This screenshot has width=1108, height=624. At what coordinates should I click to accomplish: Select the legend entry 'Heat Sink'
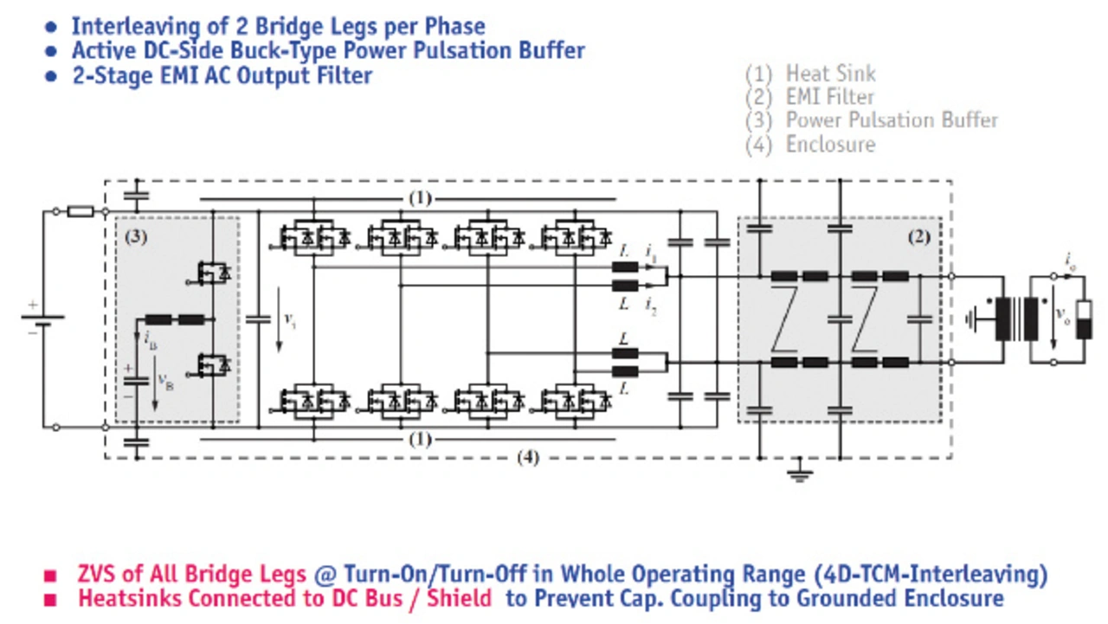click(x=830, y=74)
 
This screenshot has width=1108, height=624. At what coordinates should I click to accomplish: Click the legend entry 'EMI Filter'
click(x=829, y=98)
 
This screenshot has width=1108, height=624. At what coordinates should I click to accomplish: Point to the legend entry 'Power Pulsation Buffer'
click(x=891, y=121)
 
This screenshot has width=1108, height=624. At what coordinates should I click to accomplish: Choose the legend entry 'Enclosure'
click(x=830, y=145)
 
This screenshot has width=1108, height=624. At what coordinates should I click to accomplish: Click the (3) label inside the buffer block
click(x=136, y=236)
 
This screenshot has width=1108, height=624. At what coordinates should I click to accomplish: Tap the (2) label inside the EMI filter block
click(x=920, y=235)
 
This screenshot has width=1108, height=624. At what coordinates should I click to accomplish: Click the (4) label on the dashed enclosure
click(x=527, y=458)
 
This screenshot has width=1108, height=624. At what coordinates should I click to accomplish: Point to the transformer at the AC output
click(x=1018, y=319)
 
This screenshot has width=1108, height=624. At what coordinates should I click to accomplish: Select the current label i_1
click(x=651, y=252)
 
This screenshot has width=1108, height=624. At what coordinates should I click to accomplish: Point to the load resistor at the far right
click(x=1083, y=319)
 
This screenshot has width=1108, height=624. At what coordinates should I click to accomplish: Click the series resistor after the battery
click(x=81, y=211)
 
